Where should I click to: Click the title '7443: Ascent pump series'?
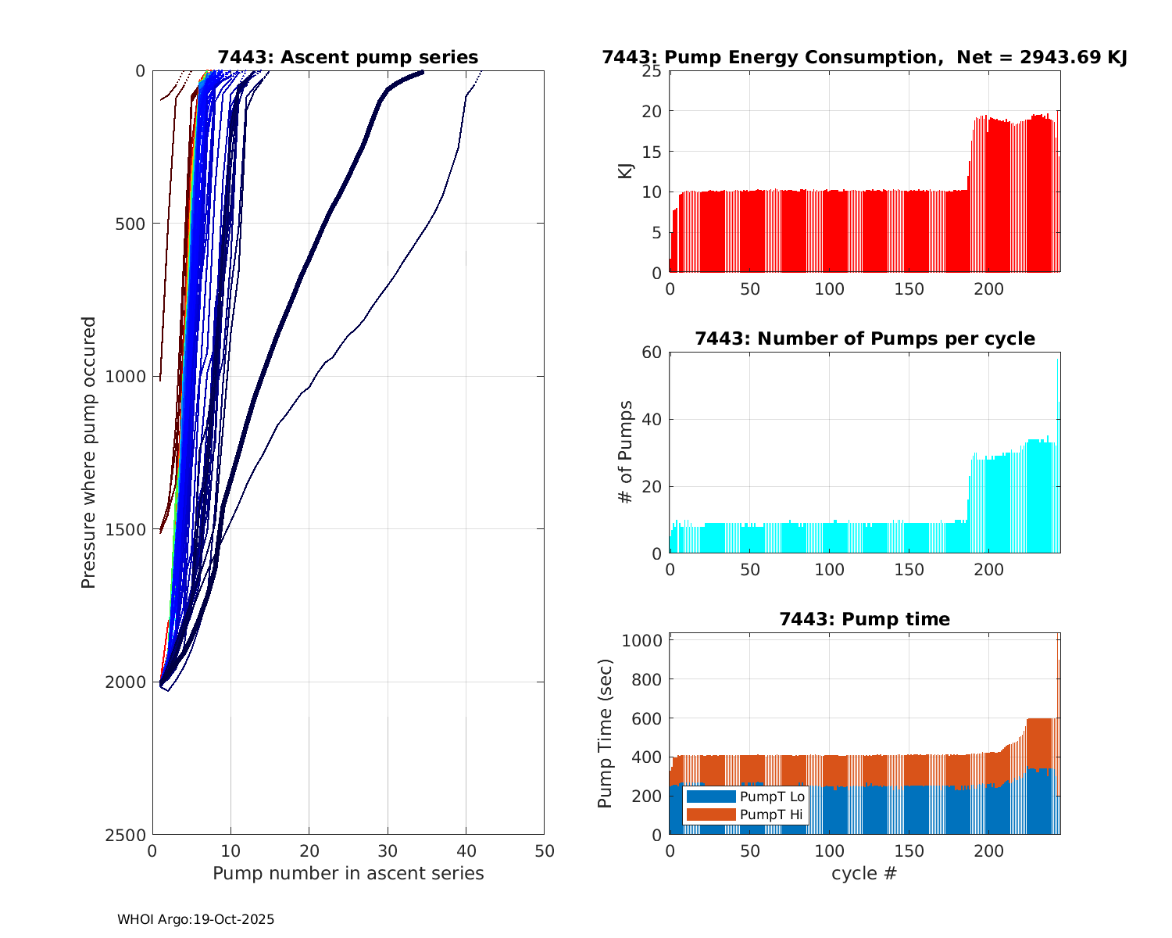[348, 57]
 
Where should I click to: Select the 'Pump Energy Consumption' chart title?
[864, 57]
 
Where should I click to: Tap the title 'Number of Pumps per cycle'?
[864, 338]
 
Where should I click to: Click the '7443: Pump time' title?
[864, 619]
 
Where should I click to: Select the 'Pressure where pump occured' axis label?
[89, 453]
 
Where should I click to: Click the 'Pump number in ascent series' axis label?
[348, 873]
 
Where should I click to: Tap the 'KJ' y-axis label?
[626, 170]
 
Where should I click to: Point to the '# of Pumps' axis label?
[625, 452]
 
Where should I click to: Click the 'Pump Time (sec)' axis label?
[605, 733]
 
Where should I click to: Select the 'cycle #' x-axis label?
[864, 873]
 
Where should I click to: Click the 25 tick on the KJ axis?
[652, 71]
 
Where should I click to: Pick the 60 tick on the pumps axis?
[652, 353]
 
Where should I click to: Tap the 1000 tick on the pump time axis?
[641, 641]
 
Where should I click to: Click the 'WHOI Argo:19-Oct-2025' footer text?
[195, 919]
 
